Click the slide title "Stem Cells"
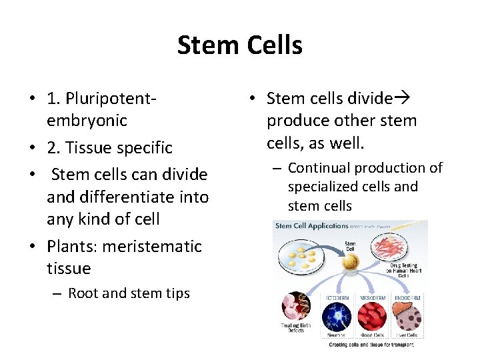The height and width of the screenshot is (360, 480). pos(239,45)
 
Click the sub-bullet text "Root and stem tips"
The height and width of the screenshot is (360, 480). pos(129,293)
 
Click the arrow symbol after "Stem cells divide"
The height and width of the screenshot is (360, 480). pos(404,99)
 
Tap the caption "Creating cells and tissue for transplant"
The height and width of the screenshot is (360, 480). pos(371,345)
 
